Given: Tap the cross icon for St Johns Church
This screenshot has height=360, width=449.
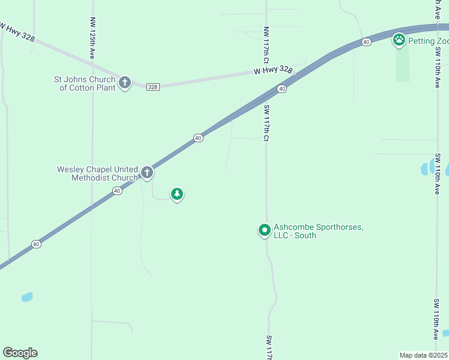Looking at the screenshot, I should click(124, 82).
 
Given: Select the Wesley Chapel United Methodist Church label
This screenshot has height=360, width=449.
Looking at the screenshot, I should click(97, 173).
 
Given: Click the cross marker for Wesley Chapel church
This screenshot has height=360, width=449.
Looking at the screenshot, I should click(146, 173).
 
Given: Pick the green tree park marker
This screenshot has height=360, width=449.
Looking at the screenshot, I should click(176, 193).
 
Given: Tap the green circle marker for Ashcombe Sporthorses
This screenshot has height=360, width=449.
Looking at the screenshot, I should click(264, 230).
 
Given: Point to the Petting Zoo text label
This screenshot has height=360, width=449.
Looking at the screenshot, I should click(428, 41).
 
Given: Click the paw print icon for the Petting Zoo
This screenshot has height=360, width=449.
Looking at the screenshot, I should click(399, 40).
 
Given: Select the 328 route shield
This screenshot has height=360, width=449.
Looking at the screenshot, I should click(152, 87).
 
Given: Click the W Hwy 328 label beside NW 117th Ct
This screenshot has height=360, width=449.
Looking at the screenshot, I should click(272, 71).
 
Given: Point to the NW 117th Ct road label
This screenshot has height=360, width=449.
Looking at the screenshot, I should click(265, 45).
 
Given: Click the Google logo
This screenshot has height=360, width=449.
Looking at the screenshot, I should click(20, 353).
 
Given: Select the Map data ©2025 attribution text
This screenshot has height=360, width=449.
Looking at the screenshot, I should click(424, 355).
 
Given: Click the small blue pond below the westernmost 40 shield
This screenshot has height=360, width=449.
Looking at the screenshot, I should click(26, 297).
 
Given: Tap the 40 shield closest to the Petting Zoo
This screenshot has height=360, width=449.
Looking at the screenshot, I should click(366, 41).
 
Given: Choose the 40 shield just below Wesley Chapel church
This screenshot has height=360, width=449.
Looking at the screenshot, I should click(117, 191).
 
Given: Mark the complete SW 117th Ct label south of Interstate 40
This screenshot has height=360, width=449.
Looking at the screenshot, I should click(265, 123).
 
